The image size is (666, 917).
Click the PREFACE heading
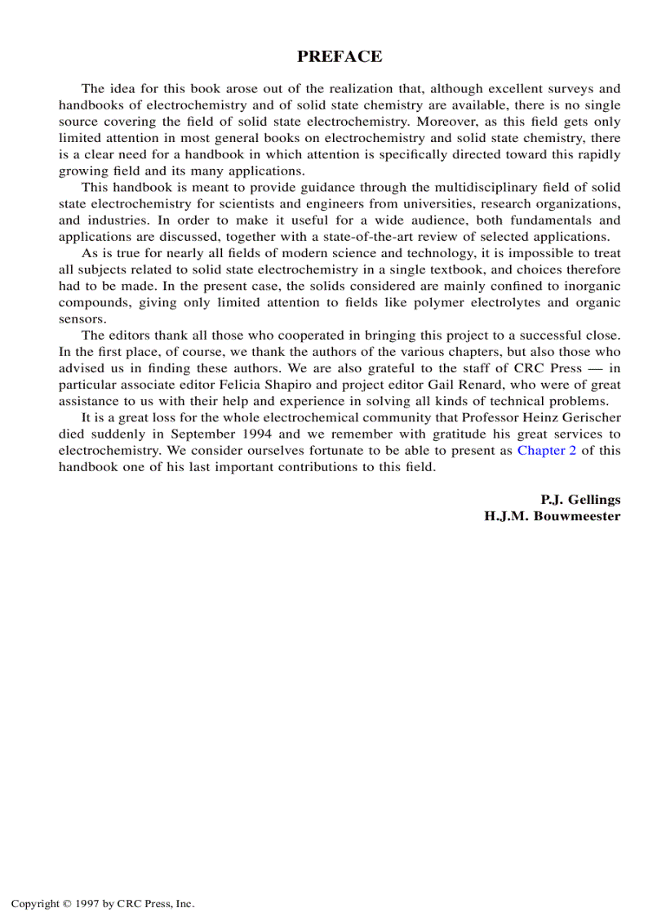[339, 56]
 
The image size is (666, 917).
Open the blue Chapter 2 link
[546, 451]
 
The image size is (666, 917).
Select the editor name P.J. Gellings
[579, 499]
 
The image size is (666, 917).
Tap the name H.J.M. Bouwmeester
[552, 516]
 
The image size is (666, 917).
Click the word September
[198, 434]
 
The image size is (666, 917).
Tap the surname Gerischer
[590, 418]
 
